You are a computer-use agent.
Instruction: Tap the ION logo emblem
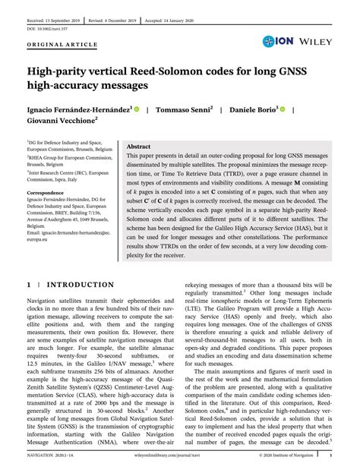[x=270, y=41]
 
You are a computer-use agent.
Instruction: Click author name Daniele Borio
[x=253, y=110]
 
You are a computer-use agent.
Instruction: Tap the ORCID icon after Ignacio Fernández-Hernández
[x=137, y=109]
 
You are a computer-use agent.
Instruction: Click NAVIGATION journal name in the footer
[x=45, y=456]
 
